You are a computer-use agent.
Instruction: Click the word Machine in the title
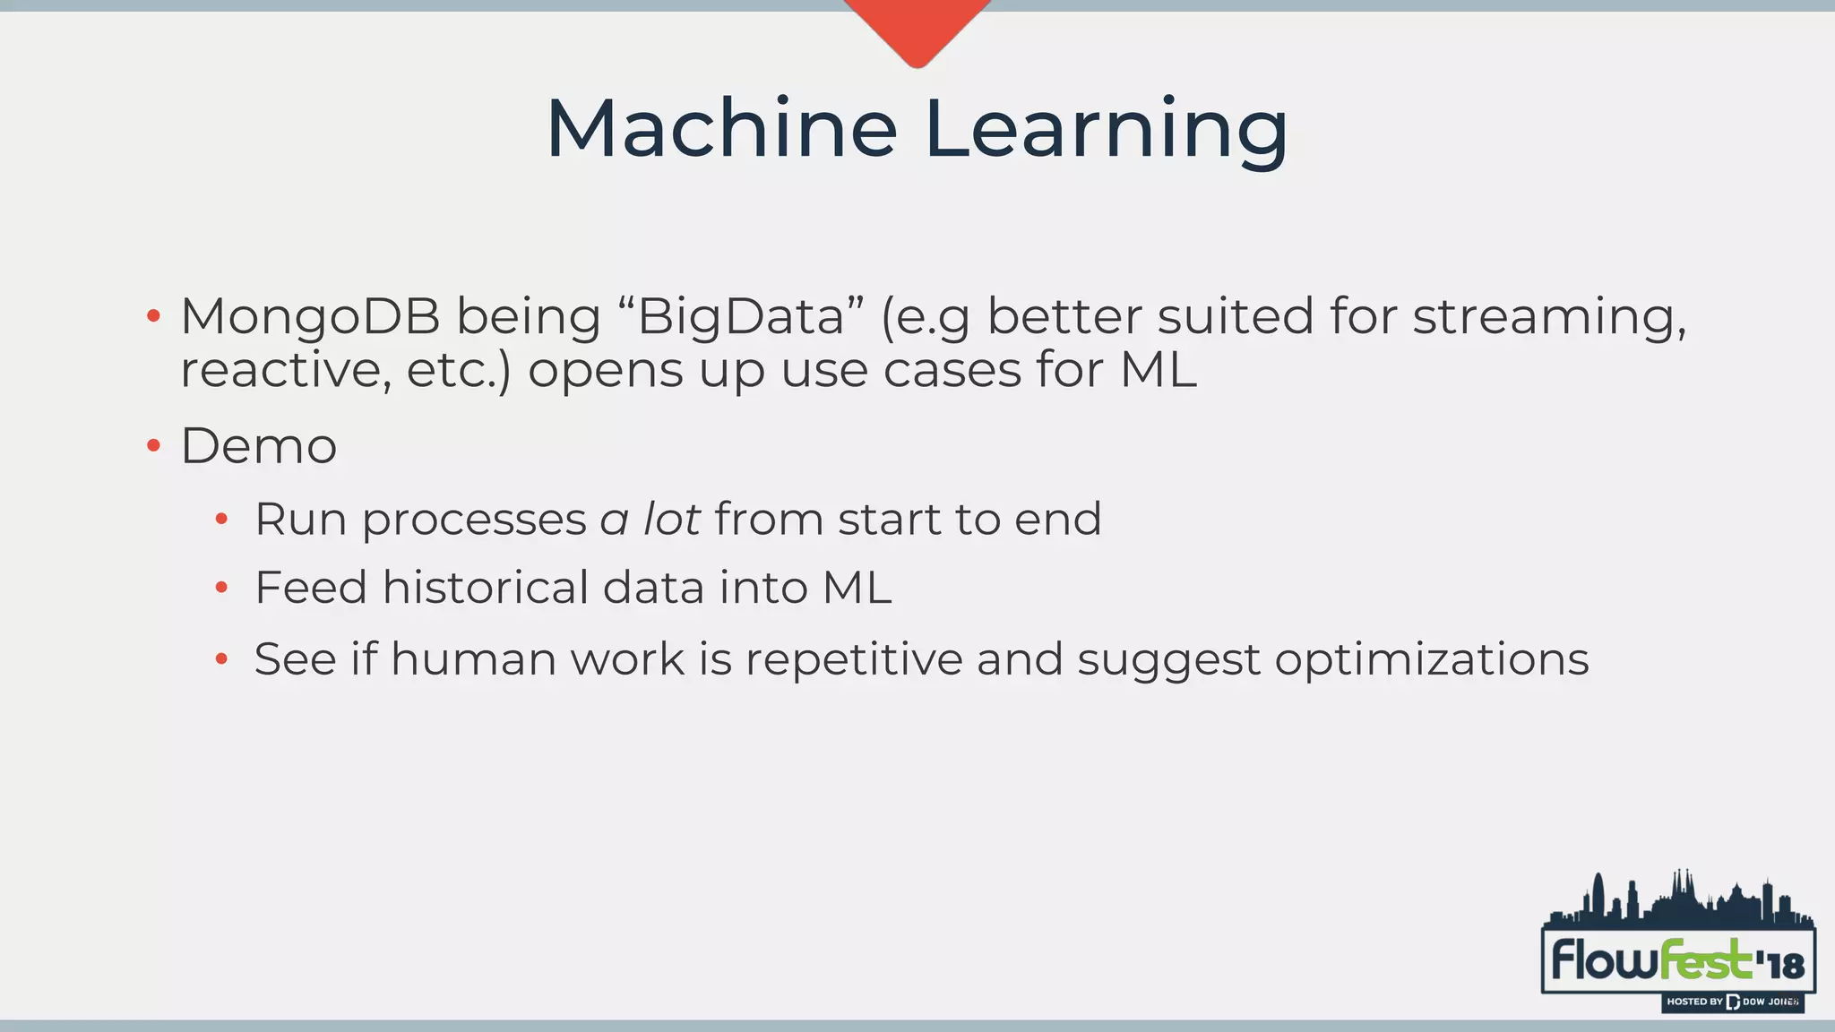[x=721, y=130]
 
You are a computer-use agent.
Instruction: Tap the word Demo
[x=259, y=445]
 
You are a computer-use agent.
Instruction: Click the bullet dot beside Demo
[x=153, y=445]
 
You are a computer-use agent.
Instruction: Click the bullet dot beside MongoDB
[x=153, y=316]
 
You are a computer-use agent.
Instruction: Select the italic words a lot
[x=650, y=519]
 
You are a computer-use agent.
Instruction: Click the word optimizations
[x=1432, y=659]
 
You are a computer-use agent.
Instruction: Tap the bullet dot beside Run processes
[x=221, y=519]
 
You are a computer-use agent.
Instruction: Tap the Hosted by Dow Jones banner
[x=1731, y=1002]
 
